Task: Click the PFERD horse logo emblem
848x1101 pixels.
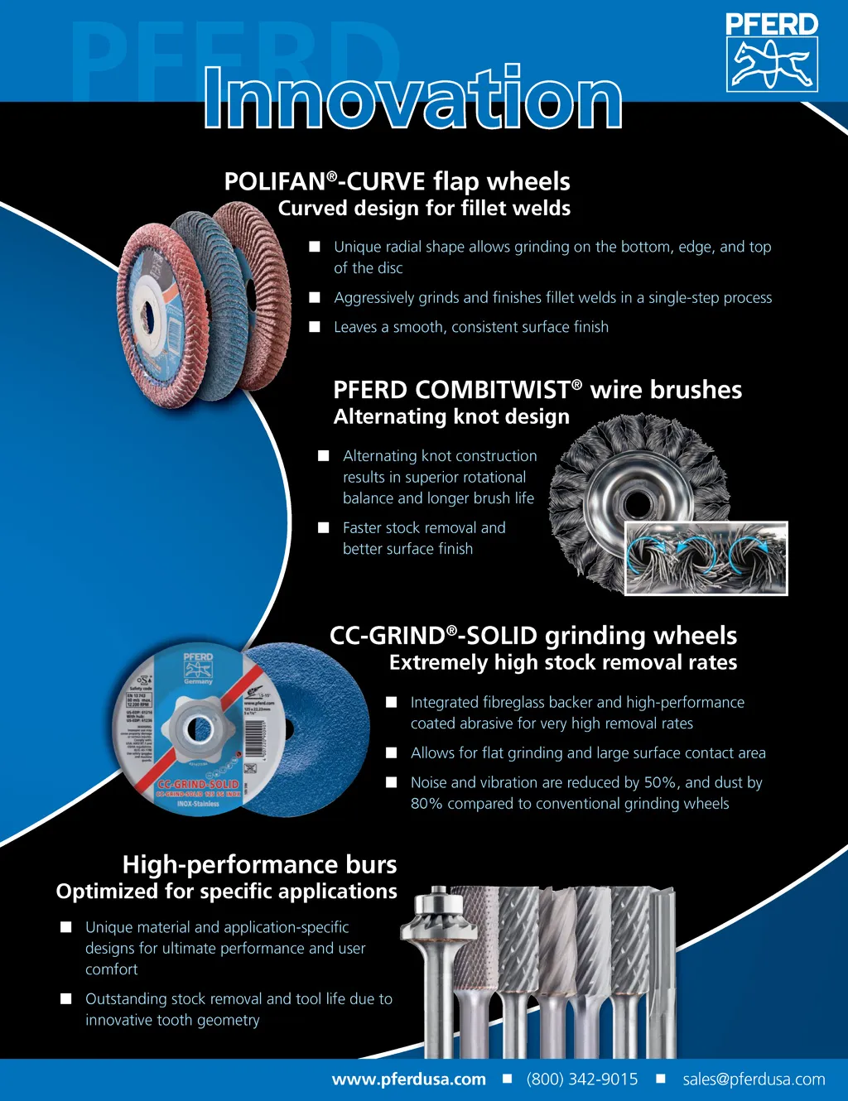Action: tap(772, 65)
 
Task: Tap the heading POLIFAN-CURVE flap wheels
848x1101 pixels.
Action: tap(397, 181)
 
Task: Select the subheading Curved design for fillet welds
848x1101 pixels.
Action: tap(424, 208)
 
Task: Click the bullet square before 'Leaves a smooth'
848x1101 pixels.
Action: tap(315, 327)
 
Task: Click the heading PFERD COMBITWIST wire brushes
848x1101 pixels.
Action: tap(537, 390)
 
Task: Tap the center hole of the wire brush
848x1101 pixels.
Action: tap(637, 502)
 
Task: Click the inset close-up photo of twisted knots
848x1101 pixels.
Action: tap(706, 558)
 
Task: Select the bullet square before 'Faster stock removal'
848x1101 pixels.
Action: tap(324, 527)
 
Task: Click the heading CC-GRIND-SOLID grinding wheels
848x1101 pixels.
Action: tap(533, 636)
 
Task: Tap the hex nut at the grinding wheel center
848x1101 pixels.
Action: tap(199, 728)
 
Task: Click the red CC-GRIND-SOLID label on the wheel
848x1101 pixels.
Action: tap(198, 784)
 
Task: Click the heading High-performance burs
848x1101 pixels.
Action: tap(259, 864)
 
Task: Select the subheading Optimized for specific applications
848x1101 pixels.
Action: tap(227, 892)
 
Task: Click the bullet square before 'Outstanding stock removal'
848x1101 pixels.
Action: tap(66, 999)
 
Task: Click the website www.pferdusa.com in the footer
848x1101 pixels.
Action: tap(409, 1079)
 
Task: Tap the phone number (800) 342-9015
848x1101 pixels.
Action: tap(582, 1079)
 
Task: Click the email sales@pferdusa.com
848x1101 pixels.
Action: tap(754, 1079)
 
